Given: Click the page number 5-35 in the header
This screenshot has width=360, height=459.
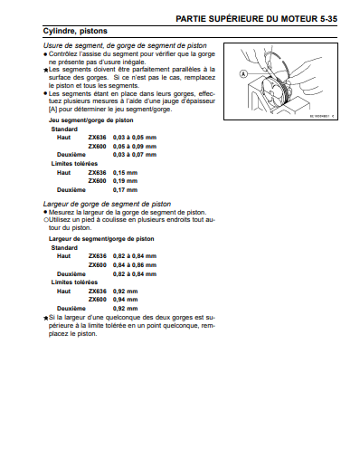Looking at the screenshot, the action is [x=328, y=19].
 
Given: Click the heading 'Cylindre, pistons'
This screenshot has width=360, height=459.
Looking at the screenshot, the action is [x=75, y=31].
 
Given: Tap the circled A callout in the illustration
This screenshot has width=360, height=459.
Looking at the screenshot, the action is [x=243, y=73].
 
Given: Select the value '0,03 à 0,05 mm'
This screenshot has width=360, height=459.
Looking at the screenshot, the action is [x=135, y=138].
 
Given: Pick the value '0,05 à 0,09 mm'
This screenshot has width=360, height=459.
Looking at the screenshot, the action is [x=135, y=147].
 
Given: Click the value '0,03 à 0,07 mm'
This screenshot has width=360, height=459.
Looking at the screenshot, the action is [x=135, y=155].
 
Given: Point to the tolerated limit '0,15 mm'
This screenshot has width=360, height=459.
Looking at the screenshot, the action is [x=125, y=173].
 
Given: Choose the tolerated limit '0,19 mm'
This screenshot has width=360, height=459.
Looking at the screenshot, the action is [x=125, y=181].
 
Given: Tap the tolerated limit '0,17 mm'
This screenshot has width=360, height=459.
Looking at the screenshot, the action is [x=125, y=190].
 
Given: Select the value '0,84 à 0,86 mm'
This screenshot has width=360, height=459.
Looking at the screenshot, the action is [x=135, y=265].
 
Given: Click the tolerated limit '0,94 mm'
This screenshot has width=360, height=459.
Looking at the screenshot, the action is [x=125, y=300].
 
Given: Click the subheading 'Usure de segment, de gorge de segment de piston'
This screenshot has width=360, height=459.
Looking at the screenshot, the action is [x=125, y=46].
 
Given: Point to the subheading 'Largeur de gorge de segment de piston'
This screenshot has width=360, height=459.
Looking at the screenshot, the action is [x=107, y=204].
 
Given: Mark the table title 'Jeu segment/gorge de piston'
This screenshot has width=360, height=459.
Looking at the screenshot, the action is [x=91, y=120].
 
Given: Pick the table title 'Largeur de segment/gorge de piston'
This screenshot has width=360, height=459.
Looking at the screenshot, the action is [x=101, y=239].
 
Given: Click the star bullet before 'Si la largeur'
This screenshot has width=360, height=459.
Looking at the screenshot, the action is [x=46, y=318].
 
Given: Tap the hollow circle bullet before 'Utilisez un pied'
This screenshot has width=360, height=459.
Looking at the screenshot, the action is [x=46, y=220].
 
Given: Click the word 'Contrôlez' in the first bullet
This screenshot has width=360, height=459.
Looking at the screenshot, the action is [x=62, y=54].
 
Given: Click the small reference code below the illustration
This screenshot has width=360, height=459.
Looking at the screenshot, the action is [x=322, y=116].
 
